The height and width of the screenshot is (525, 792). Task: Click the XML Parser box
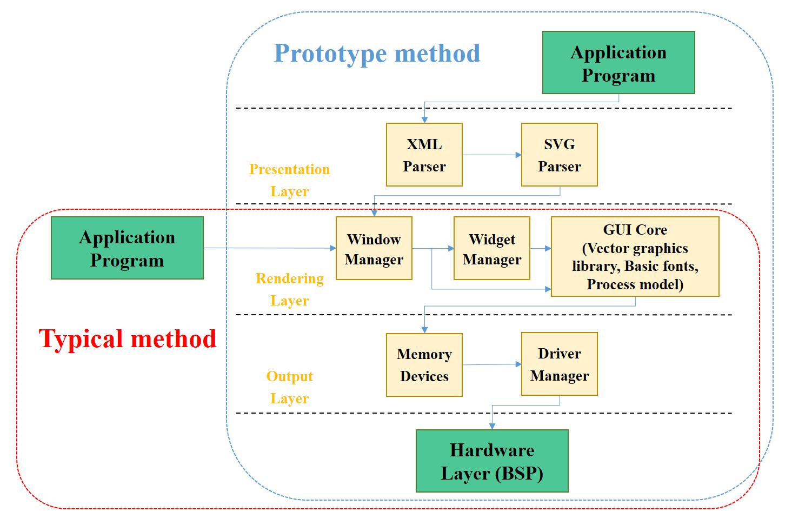424,155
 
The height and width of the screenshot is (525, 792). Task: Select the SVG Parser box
559,155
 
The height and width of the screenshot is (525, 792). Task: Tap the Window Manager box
374,248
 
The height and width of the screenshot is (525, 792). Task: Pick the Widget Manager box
491,248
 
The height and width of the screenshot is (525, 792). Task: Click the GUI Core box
635,257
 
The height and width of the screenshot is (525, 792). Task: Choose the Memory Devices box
424,364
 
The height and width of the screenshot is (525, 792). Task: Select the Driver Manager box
559,364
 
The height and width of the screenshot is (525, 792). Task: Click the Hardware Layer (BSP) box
492,461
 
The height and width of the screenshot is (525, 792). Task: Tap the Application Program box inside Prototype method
618,63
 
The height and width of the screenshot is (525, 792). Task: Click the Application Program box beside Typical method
127,248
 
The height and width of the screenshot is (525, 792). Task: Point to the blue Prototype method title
377,53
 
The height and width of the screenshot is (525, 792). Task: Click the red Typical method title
128,339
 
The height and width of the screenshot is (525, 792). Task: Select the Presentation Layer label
289,180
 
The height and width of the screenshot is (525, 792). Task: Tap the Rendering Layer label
289,289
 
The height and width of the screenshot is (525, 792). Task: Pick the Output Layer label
289,387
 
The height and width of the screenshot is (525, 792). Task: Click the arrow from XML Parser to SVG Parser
491,155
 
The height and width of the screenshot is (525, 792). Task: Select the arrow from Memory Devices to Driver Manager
491,364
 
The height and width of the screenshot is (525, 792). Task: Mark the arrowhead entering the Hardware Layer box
492,426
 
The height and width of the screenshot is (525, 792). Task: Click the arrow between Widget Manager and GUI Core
540,249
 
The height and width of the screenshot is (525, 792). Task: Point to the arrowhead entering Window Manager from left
332,248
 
